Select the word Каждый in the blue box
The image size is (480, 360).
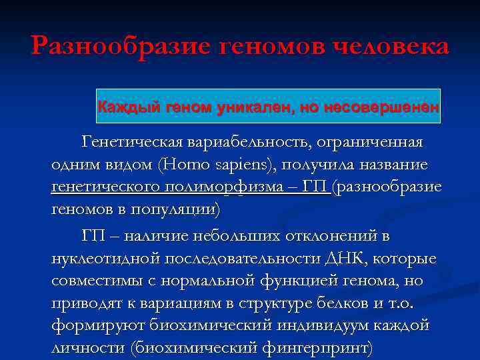coord(121,106)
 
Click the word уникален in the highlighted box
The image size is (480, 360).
coord(253,106)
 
